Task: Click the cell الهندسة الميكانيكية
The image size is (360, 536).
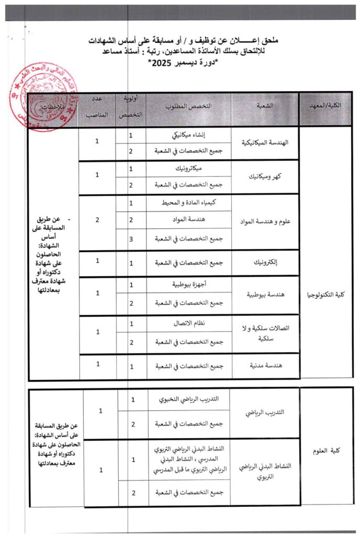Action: (x=265, y=142)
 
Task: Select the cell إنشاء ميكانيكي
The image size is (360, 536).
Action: (x=189, y=135)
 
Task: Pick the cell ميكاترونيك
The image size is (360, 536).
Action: (x=189, y=169)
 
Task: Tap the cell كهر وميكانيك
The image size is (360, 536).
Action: (x=265, y=177)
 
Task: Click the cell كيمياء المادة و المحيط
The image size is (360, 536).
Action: (x=189, y=203)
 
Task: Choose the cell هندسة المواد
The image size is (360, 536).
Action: (x=189, y=220)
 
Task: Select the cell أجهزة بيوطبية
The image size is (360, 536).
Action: (x=189, y=285)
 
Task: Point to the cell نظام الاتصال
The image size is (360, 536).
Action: (x=189, y=323)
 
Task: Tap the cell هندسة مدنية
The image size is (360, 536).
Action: (x=265, y=366)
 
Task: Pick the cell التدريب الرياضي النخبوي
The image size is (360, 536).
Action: (x=189, y=399)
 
